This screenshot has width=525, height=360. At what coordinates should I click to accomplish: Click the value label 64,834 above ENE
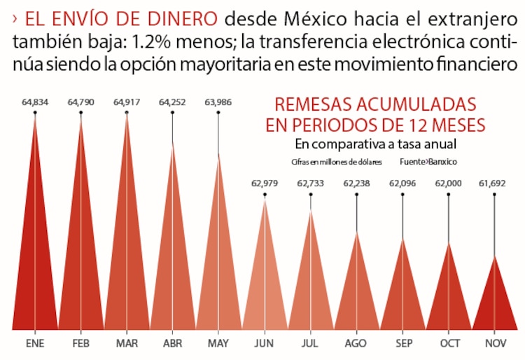[35, 102]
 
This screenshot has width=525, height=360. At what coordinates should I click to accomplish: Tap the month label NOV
[495, 344]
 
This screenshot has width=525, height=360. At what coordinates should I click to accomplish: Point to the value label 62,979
[265, 184]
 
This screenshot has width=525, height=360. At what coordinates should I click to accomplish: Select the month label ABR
[172, 344]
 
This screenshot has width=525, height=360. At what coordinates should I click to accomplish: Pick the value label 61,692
[495, 184]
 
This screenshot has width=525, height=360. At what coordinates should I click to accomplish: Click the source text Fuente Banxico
[428, 161]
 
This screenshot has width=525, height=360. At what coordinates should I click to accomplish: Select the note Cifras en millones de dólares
[337, 161]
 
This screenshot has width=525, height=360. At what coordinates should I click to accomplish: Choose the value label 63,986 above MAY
[218, 102]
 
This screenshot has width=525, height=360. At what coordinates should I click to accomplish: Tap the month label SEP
[403, 344]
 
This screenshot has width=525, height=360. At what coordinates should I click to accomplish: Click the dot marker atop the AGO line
[357, 195]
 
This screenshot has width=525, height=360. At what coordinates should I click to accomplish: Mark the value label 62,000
[449, 184]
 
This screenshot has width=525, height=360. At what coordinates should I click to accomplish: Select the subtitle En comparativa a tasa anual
[376, 144]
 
